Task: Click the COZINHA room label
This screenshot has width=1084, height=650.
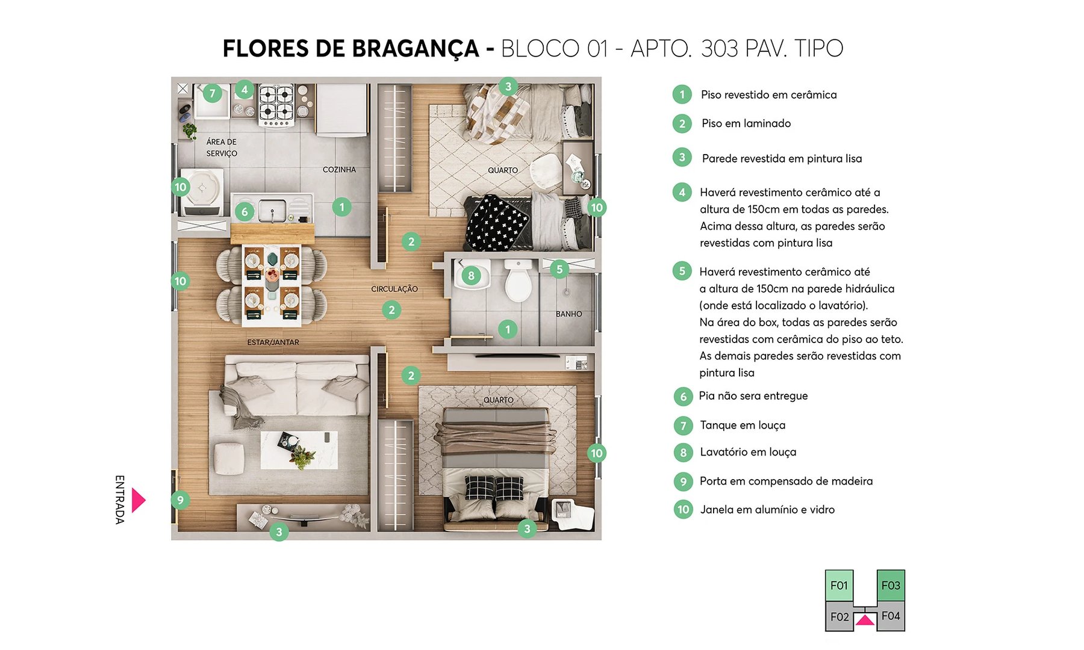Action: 339,170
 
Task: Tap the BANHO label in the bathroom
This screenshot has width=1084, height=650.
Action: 568,314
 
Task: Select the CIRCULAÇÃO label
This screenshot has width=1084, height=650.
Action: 394,289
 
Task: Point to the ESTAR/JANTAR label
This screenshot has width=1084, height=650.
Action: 273,342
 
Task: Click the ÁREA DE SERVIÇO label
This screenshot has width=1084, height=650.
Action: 222,147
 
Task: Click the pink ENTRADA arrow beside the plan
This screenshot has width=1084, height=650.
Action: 139,500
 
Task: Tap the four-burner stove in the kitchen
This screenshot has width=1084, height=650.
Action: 276,104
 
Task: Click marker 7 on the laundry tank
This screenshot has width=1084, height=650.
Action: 212,93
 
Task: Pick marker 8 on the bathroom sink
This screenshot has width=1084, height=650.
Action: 471,276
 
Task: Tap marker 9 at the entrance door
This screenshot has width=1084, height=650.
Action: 180,499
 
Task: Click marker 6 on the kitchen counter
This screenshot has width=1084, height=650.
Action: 244,211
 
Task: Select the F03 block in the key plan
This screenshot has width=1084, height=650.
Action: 891,586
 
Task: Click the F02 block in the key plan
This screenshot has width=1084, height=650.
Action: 839,617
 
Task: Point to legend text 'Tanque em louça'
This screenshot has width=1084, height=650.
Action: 743,426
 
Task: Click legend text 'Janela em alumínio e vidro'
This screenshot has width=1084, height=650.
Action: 767,510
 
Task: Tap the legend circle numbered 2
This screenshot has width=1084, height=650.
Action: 682,123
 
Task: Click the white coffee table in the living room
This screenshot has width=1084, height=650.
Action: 299,450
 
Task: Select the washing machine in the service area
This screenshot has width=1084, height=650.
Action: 202,191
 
